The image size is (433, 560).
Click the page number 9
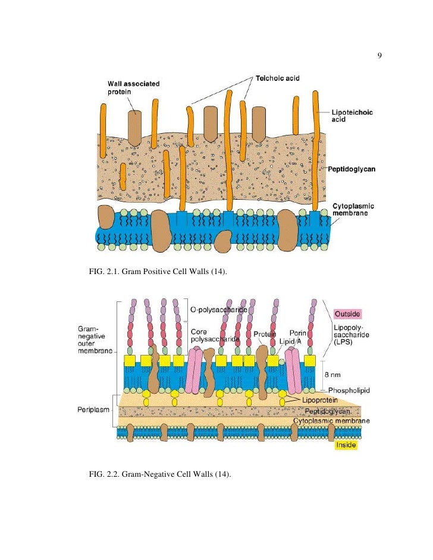379,56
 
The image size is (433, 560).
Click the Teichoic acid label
278,78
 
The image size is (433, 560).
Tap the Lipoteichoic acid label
352,115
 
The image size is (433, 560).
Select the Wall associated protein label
133,88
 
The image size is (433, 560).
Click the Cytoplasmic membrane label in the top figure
353,210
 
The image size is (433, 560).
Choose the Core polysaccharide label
214,334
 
